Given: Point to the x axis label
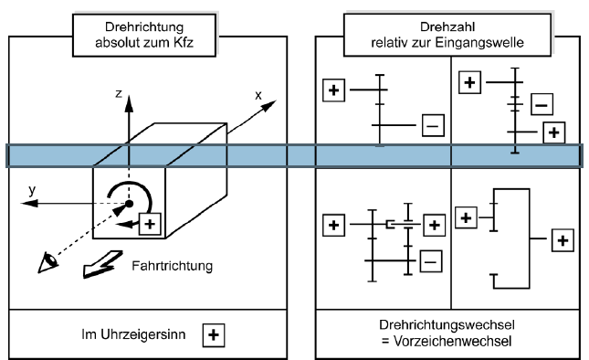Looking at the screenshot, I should point(258,94).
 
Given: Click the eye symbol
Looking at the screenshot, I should point(44,262).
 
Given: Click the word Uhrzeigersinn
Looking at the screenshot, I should point(153,334).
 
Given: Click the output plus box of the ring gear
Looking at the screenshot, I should point(563,240).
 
